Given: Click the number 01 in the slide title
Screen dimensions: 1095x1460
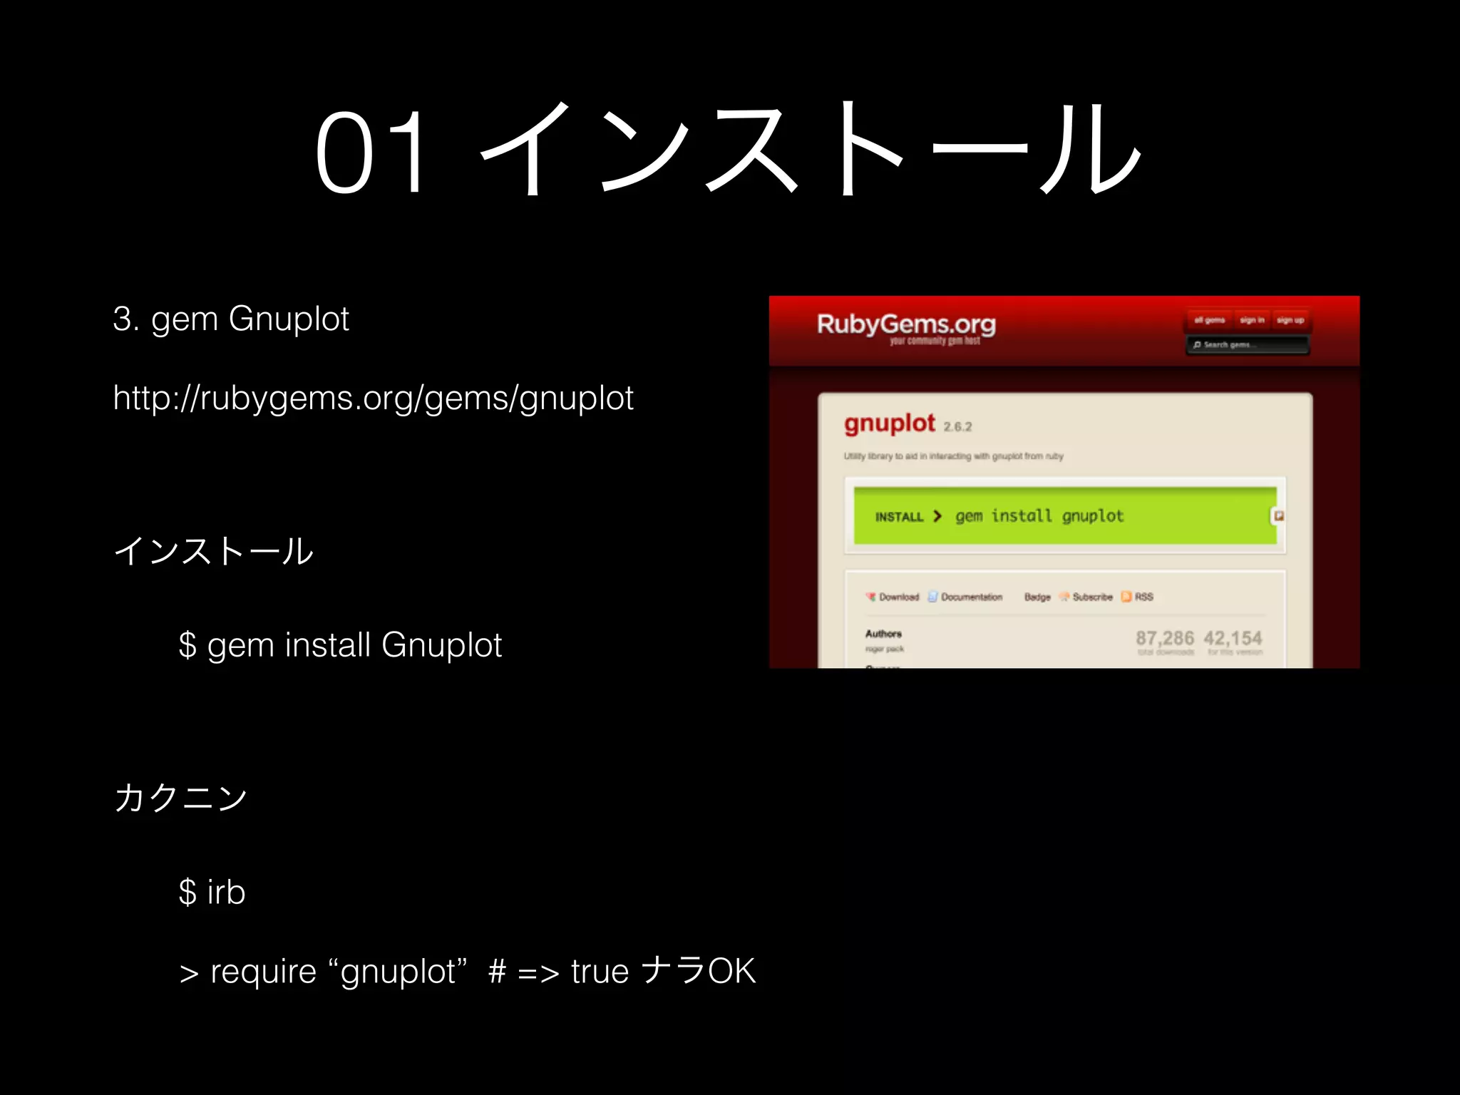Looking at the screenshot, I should (373, 152).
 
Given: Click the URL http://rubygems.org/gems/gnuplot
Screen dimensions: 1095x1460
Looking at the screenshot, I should (373, 398).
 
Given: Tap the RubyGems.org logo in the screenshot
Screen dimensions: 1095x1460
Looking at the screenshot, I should (906, 324).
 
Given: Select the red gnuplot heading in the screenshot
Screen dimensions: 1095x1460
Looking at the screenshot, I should (889, 423).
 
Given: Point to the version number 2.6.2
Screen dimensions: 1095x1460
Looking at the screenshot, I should (957, 427).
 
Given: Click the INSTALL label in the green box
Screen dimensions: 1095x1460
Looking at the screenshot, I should (899, 517).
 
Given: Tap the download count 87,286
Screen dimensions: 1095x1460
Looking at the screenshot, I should (1164, 638).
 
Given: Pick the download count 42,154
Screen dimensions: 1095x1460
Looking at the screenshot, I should (1233, 638).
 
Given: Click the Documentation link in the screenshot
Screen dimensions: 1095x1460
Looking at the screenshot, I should (971, 597).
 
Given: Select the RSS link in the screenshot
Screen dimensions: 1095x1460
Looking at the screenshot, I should (1143, 597).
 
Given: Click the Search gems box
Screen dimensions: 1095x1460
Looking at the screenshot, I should (1247, 345).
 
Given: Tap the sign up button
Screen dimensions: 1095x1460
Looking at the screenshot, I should (1290, 320).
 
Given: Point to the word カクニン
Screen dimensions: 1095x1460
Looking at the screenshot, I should (180, 797).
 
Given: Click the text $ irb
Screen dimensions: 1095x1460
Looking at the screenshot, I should (212, 892).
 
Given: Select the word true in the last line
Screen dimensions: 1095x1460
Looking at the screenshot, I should (600, 972).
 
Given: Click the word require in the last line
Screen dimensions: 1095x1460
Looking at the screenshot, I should (263, 972).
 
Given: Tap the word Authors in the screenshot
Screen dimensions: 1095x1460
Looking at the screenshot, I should (883, 634).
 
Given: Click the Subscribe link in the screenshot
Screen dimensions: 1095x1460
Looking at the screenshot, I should (1091, 597).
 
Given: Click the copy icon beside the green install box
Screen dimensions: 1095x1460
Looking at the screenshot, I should (1279, 515).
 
